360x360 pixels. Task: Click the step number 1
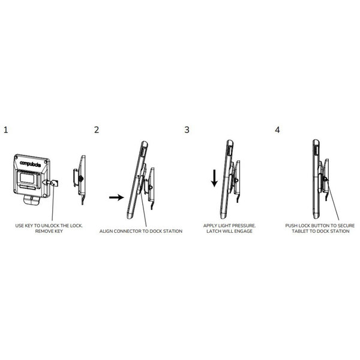point(6,130)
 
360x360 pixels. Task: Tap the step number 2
point(97,130)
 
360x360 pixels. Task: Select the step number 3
point(187,130)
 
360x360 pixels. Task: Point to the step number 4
point(277,130)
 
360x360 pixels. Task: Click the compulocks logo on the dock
point(31,164)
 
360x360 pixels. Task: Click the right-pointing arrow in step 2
point(116,197)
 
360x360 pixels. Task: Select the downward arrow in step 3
point(214,178)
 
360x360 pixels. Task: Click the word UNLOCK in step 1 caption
point(50,226)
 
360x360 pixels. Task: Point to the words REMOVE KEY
point(49,231)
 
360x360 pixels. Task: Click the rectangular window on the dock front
point(27,178)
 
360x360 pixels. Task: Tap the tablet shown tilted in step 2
point(137,180)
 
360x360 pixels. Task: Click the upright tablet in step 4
point(316,179)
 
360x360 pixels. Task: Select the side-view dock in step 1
point(80,179)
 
